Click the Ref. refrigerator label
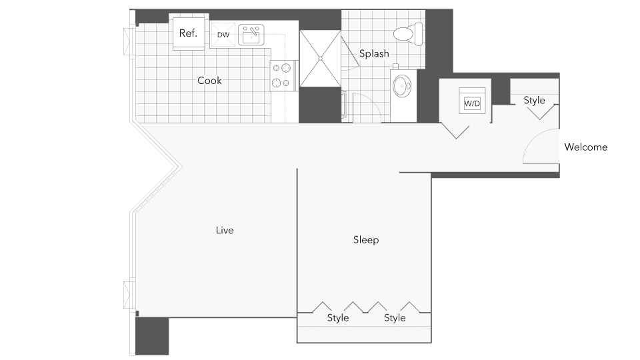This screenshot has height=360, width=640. [x=188, y=33]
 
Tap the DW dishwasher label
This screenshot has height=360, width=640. [x=223, y=35]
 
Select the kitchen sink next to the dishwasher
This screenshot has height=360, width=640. [x=251, y=35]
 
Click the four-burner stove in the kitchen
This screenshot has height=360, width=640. [x=283, y=75]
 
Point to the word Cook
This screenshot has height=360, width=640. [x=209, y=81]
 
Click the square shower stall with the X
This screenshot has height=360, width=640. [x=320, y=59]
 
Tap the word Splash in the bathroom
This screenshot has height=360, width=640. [x=374, y=54]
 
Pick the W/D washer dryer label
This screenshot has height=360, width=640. [x=472, y=103]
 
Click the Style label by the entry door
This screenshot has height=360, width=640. [x=534, y=101]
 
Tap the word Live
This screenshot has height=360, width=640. [x=225, y=231]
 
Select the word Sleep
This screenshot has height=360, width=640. [x=366, y=240]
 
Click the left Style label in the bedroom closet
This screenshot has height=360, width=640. [x=338, y=318]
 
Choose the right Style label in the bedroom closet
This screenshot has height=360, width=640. [x=395, y=318]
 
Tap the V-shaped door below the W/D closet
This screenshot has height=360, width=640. [x=457, y=130]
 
